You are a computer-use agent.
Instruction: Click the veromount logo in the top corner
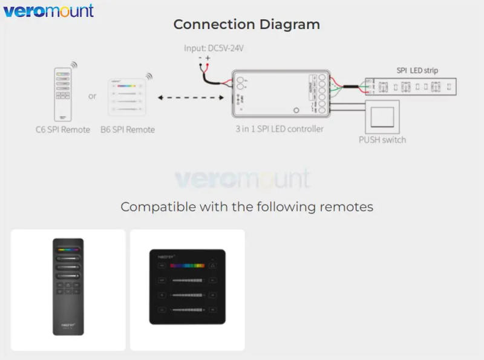pyautogui.click(x=48, y=11)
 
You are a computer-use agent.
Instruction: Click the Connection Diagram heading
pyautogui.click(x=246, y=25)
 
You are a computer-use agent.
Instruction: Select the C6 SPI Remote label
pyautogui.click(x=62, y=129)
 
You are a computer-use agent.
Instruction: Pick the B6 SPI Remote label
pyautogui.click(x=128, y=129)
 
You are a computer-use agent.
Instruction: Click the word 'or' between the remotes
pyautogui.click(x=92, y=96)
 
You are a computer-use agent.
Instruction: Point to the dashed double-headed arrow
pyautogui.click(x=190, y=97)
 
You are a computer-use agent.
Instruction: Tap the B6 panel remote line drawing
pyautogui.click(x=127, y=97)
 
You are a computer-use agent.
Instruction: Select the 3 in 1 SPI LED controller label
pyautogui.click(x=280, y=129)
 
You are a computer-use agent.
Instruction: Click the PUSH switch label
pyautogui.click(x=382, y=140)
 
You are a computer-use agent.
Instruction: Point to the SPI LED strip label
pyautogui.click(x=417, y=70)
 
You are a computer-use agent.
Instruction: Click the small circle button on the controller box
pyautogui.click(x=296, y=111)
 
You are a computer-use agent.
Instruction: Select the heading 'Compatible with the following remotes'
pyautogui.click(x=246, y=207)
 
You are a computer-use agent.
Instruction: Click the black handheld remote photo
pyautogui.click(x=68, y=287)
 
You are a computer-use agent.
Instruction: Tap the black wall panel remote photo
pyautogui.click(x=188, y=287)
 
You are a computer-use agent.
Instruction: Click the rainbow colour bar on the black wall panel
pyautogui.click(x=187, y=265)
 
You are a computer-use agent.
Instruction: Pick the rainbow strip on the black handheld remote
pyautogui.click(x=68, y=248)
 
